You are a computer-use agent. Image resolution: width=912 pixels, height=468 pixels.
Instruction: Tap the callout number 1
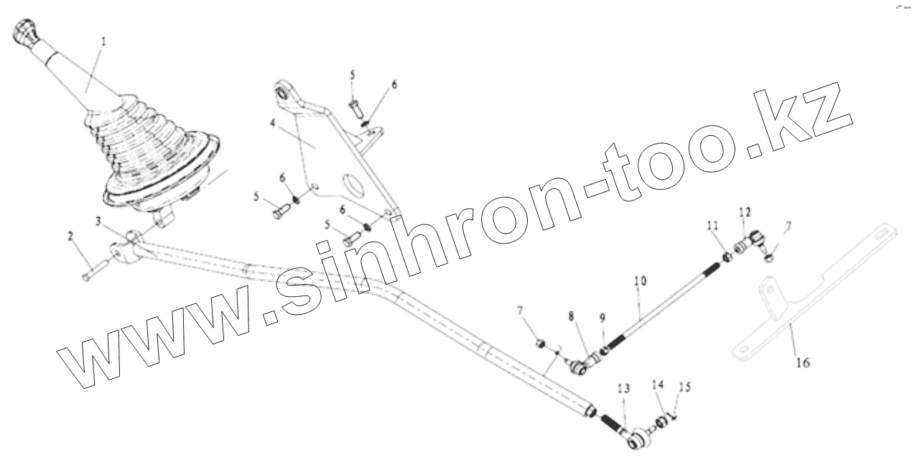(103, 42)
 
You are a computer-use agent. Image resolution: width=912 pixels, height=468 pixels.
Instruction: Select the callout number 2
(71, 236)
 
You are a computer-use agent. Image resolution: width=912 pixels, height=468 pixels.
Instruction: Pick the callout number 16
(802, 363)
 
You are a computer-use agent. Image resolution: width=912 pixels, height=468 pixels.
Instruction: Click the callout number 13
(623, 388)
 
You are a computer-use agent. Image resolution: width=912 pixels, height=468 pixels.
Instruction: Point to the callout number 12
(745, 211)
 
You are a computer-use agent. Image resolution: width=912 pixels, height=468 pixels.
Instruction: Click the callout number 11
(712, 226)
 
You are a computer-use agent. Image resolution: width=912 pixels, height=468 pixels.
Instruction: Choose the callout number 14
(658, 385)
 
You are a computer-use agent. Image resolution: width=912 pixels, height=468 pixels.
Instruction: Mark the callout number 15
(684, 387)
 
